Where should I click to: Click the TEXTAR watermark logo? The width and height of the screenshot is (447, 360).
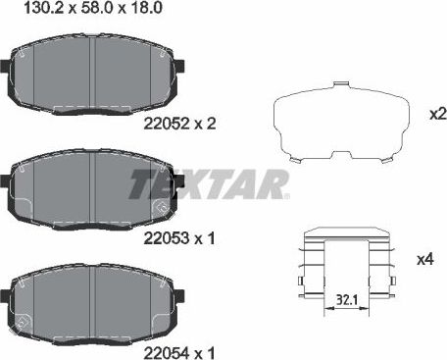(x=209, y=182)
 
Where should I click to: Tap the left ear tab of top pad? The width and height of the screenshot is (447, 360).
(x=7, y=71)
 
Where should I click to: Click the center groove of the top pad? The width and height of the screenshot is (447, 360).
(x=92, y=74)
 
